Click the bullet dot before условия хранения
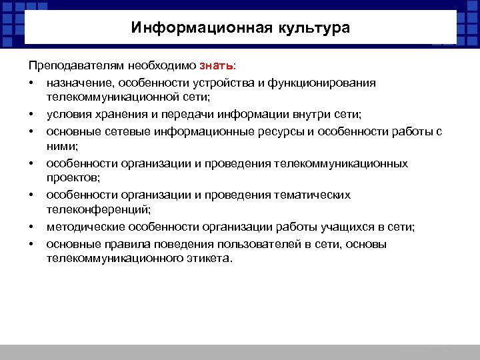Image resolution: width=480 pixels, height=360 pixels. tap(31, 115)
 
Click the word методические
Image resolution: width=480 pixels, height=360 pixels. tap(81, 227)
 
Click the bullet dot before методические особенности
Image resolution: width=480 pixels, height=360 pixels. tap(31, 227)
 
